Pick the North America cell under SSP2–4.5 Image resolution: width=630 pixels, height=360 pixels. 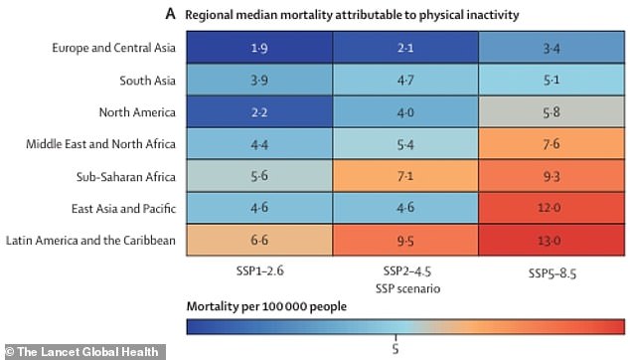click(x=395, y=112)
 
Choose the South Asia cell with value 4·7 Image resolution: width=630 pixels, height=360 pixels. click(x=395, y=81)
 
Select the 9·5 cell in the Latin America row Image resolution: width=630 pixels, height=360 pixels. click(x=395, y=240)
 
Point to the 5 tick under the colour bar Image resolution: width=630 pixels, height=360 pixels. click(x=396, y=347)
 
